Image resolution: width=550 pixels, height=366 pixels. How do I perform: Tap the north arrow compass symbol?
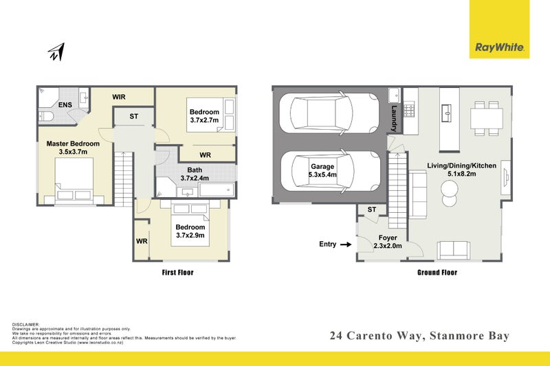pyautogui.click(x=56, y=52)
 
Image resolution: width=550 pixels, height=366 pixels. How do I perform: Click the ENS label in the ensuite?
pyautogui.click(x=65, y=105)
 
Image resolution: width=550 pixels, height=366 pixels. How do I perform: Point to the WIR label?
pyautogui.click(x=119, y=98)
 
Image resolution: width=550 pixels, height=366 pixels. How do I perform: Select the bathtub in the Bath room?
pyautogui.click(x=212, y=190)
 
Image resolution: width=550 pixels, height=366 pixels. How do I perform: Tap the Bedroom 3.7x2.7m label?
pyautogui.click(x=204, y=116)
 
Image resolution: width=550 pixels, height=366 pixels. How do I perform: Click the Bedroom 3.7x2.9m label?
pyautogui.click(x=190, y=231)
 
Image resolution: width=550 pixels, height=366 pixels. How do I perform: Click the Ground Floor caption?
pyautogui.click(x=437, y=273)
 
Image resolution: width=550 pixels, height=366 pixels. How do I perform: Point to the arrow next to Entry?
pyautogui.click(x=346, y=244)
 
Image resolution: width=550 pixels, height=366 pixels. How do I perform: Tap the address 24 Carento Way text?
pyautogui.click(x=419, y=336)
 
